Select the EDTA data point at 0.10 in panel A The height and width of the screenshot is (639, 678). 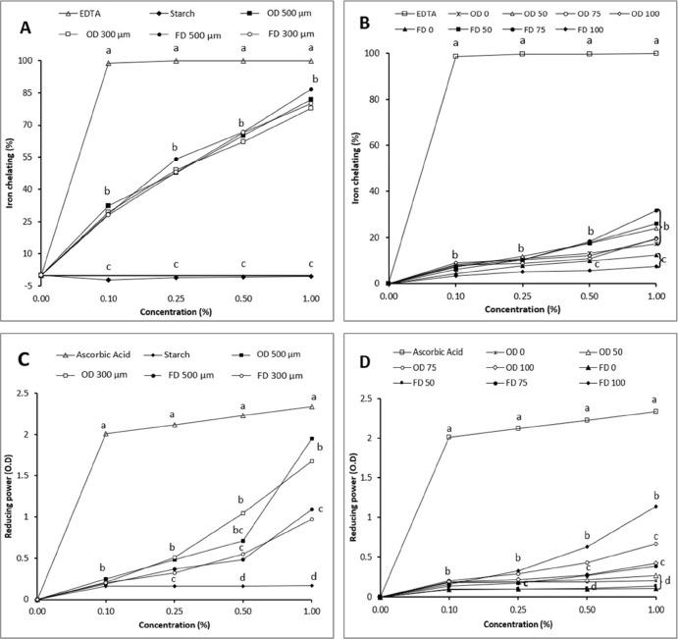[x=108, y=63]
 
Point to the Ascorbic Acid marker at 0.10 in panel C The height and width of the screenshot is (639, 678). [x=106, y=433]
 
